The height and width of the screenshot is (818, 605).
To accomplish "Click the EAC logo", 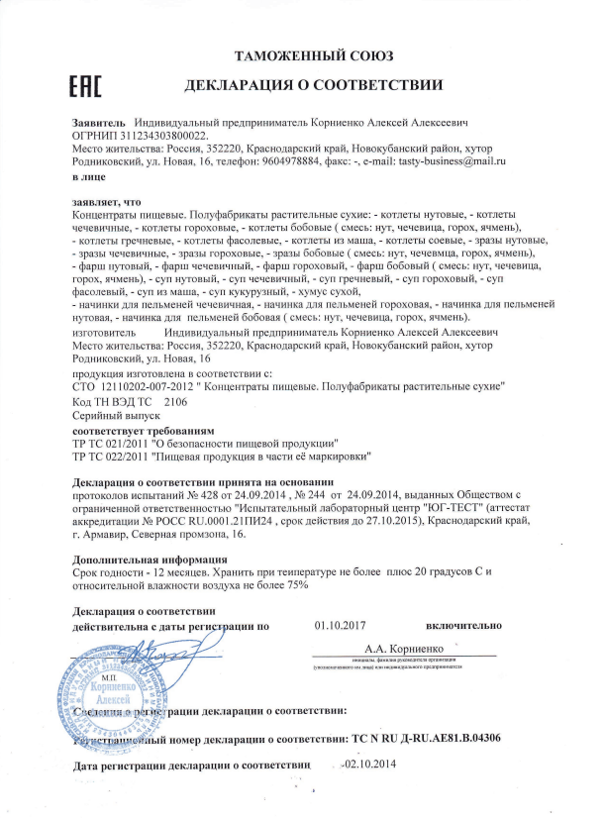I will point(87,88).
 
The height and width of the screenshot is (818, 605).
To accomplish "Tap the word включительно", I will point(463,626).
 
